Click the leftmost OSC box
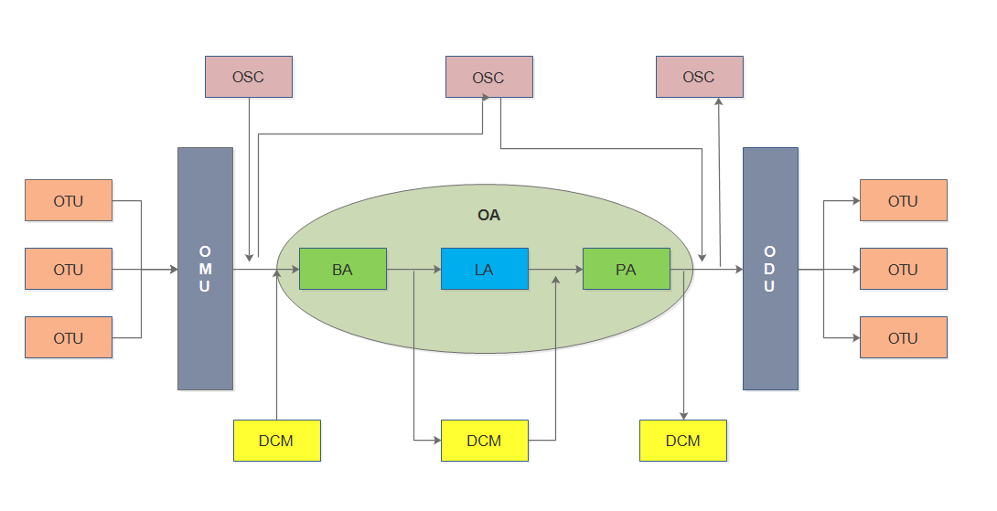pyautogui.click(x=248, y=77)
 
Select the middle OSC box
pyautogui.click(x=488, y=77)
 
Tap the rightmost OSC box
pyautogui.click(x=699, y=77)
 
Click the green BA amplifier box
pyautogui.click(x=342, y=269)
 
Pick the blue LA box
pyautogui.click(x=484, y=269)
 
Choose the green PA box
pyautogui.click(x=626, y=269)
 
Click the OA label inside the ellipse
pyautogui.click(x=488, y=216)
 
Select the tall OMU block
pyautogui.click(x=205, y=269)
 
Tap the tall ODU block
pyautogui.click(x=770, y=269)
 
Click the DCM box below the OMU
pyautogui.click(x=276, y=441)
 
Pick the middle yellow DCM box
pyautogui.click(x=484, y=441)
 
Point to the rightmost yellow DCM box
pyautogui.click(x=682, y=441)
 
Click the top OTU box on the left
pyautogui.click(x=69, y=200)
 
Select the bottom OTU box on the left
pyautogui.click(x=69, y=337)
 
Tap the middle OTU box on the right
pyautogui.click(x=903, y=269)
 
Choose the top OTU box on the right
pyautogui.click(x=903, y=200)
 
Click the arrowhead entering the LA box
pyautogui.click(x=436, y=270)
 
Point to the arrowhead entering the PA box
pyautogui.click(x=578, y=270)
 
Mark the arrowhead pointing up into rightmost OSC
pyautogui.click(x=719, y=103)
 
